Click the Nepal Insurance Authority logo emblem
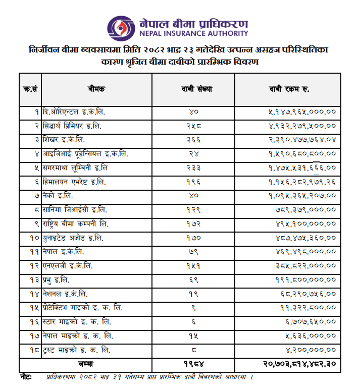coord(120,26)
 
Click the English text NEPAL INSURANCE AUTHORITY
coord(193,34)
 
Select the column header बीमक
coord(95,89)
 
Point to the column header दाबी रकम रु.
coord(289,89)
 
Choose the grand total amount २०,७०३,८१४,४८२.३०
coord(300,363)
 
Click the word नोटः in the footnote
coord(26,376)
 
